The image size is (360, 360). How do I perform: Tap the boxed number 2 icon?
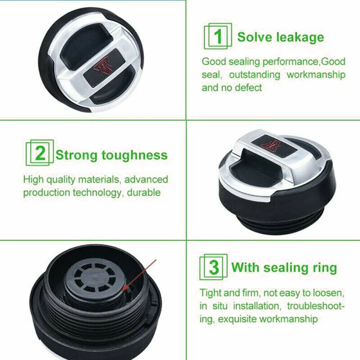coord(38,155)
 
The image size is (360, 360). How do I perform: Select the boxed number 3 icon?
coord(214,267)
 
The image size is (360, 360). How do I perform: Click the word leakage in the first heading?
coord(300,36)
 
